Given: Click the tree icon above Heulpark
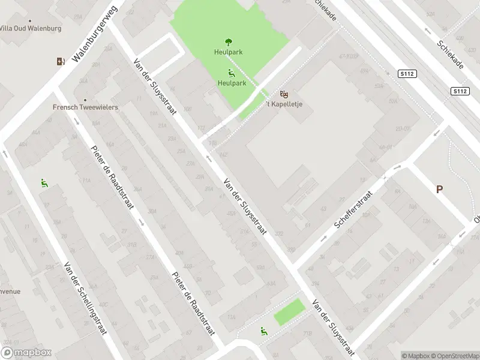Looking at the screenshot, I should [229, 42].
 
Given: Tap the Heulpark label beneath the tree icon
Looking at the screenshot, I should [229, 52].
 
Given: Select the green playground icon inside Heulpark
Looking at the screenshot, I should [232, 73].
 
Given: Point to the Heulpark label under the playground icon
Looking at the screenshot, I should [232, 83].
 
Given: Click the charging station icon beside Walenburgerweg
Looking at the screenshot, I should [60, 61].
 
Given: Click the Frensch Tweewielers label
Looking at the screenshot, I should [85, 107].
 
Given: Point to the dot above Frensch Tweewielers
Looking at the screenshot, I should [85, 100].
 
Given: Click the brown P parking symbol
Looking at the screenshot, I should [439, 189].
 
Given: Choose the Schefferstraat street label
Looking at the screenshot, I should [353, 213].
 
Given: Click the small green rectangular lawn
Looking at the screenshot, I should [289, 313].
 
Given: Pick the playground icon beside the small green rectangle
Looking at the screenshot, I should [264, 330].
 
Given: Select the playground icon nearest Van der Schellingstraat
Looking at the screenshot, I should [44, 183].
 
